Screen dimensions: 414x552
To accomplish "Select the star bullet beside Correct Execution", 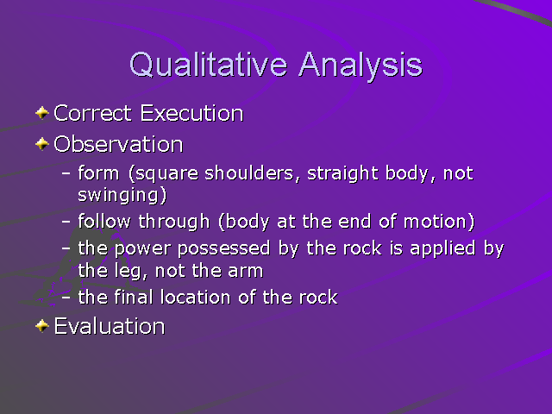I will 42,113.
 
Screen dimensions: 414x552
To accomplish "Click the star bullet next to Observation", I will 42,143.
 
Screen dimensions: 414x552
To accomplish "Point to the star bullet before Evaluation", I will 42,326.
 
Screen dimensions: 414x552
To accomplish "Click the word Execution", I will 191,113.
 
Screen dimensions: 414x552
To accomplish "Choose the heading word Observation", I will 118,143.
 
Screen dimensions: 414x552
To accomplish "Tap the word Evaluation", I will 109,326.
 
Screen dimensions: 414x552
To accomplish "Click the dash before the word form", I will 67,173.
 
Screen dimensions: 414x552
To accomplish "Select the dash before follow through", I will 67,222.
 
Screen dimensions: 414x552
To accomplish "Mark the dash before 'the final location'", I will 67,298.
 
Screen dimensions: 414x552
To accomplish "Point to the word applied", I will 447,249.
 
